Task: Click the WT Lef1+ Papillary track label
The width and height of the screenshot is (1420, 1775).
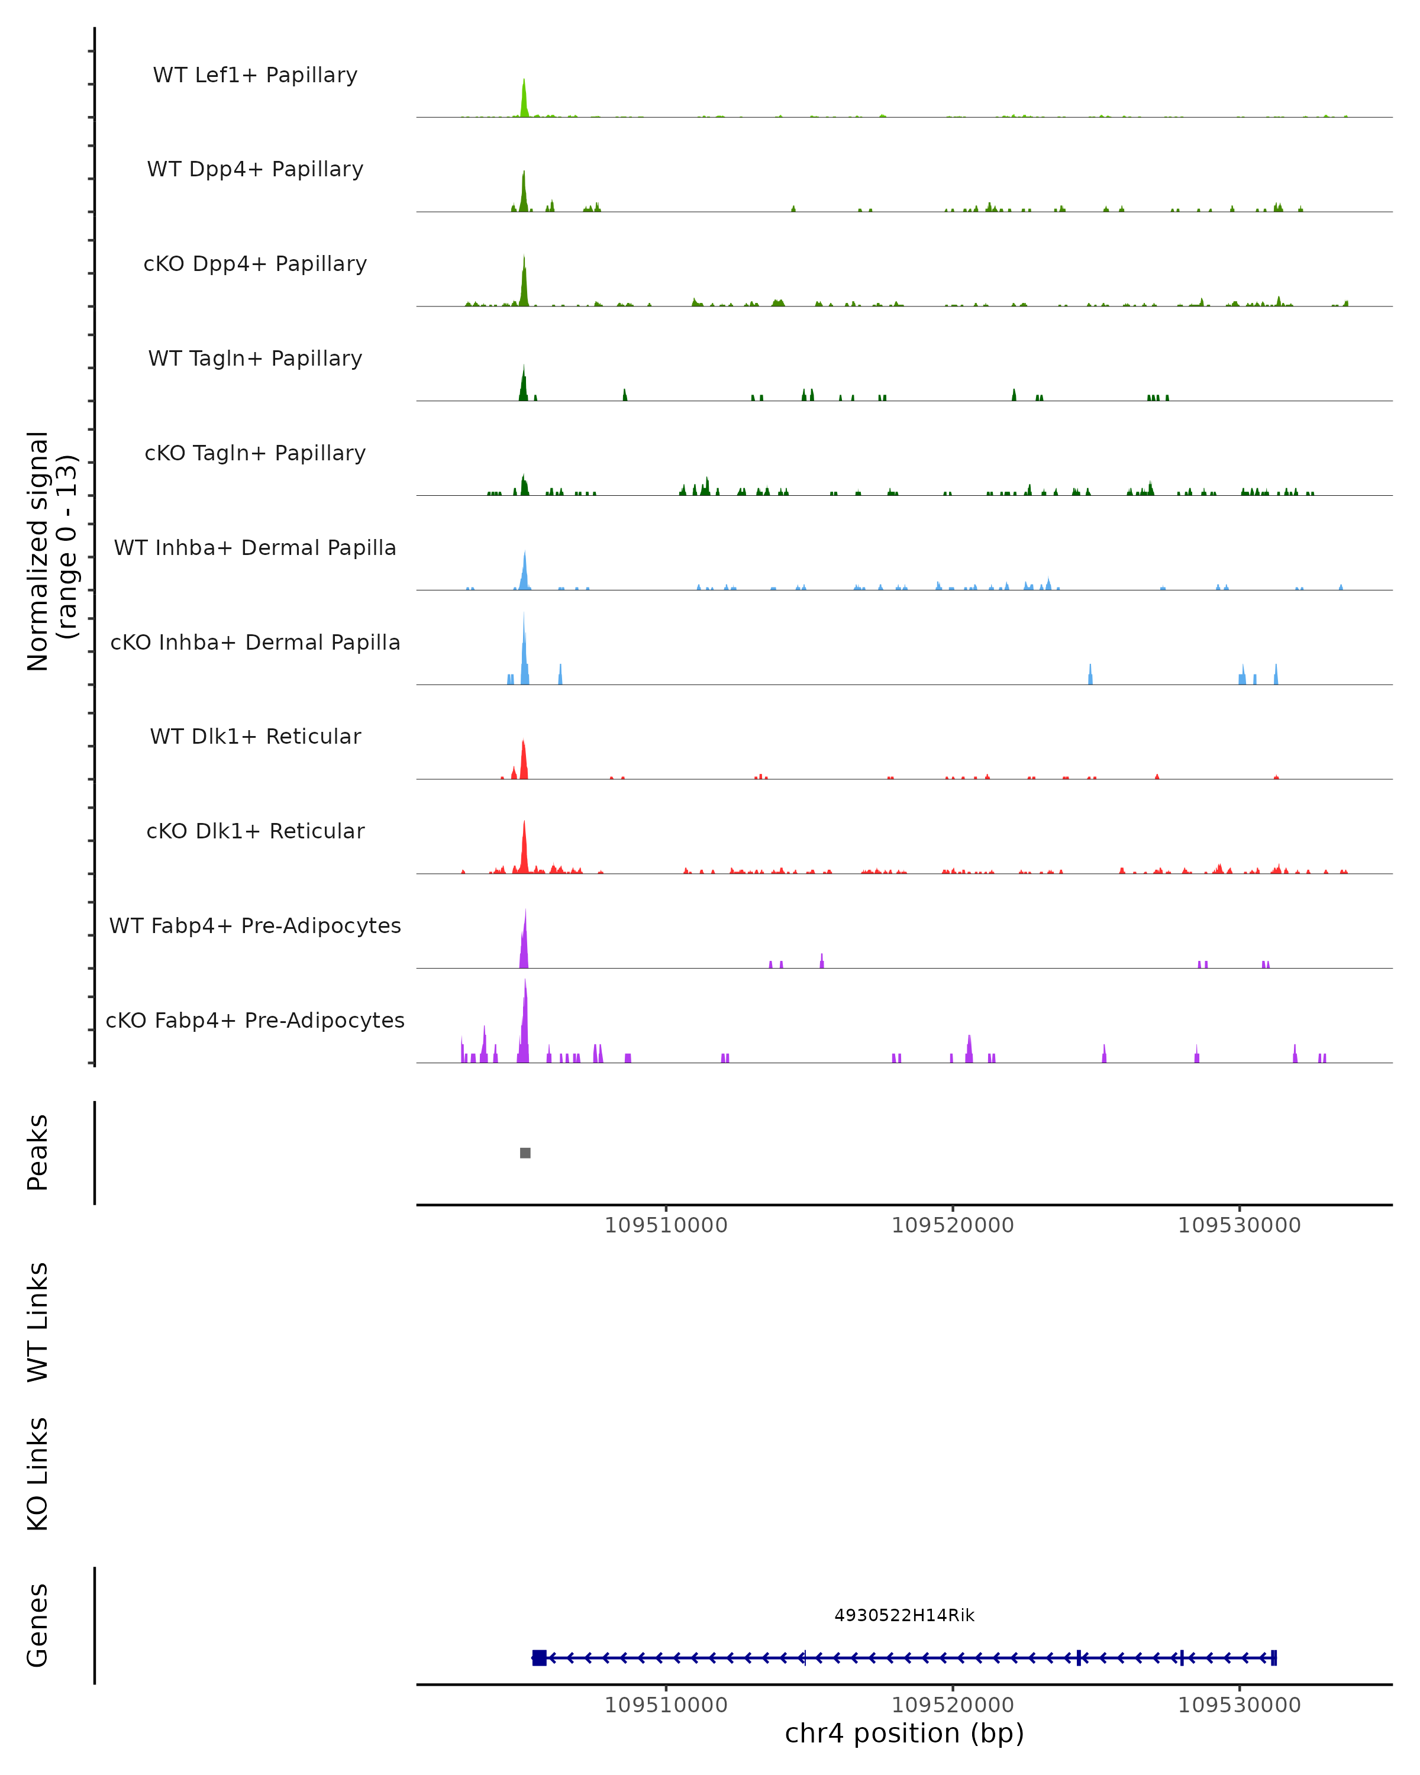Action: (255, 75)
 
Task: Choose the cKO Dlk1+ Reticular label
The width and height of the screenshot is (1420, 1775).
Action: (255, 831)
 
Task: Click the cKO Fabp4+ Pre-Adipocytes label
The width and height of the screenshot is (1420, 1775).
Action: (255, 1020)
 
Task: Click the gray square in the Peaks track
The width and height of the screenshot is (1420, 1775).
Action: (525, 1153)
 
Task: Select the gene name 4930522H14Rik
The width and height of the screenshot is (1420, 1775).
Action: (904, 1615)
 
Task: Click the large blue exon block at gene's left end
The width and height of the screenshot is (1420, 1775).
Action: (539, 1657)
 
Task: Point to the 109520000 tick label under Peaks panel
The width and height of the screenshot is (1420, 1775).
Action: (953, 1226)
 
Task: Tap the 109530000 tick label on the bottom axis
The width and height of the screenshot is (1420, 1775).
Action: (1239, 1705)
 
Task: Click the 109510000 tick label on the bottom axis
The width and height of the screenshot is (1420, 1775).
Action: (666, 1705)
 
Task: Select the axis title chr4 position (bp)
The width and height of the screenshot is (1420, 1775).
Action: (904, 1734)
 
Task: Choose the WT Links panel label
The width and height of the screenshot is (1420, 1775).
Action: (38, 1321)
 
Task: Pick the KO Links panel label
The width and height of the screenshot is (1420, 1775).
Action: (38, 1474)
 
